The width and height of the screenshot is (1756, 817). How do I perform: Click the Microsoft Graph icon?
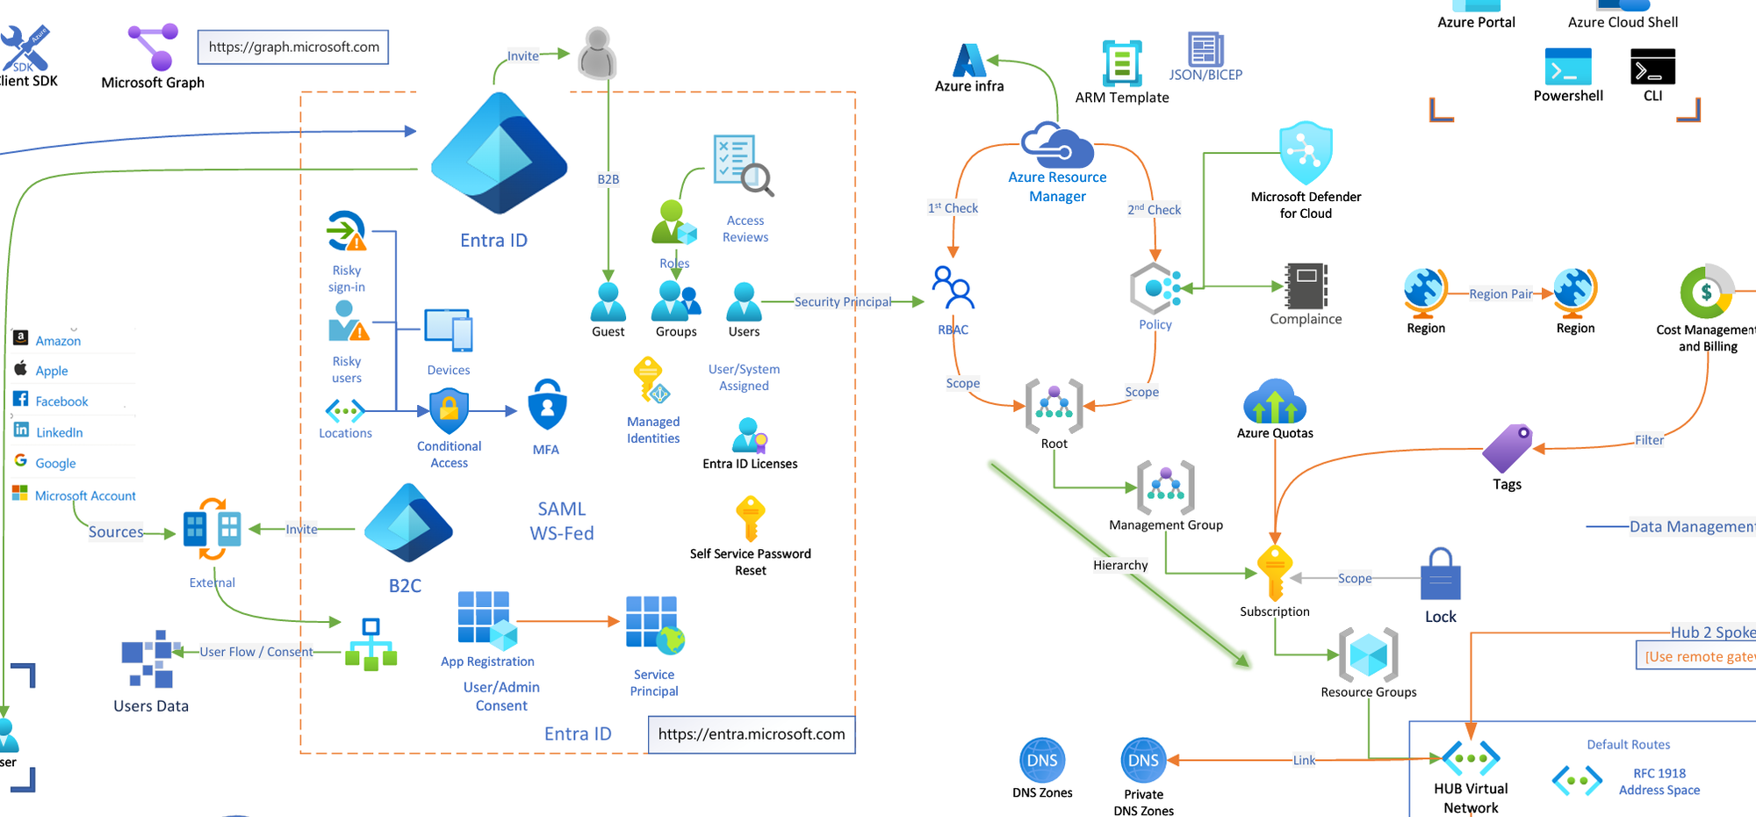pos(154,47)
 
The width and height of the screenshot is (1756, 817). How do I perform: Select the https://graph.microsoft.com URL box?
pos(293,47)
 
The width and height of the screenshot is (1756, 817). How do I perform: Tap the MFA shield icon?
pos(547,405)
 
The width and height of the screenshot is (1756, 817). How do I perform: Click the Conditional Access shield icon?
pos(449,410)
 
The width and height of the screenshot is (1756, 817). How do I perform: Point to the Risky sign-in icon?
pos(346,232)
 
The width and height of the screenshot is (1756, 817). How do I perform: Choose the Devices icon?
pos(449,331)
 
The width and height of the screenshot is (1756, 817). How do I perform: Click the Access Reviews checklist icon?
pos(743,164)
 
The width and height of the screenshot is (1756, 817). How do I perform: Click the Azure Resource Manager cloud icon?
pos(1057,145)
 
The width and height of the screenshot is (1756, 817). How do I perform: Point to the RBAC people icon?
pos(954,288)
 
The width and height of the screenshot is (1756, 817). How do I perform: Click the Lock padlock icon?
pos(1441,575)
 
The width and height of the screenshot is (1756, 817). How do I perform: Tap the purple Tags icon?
pos(1508,448)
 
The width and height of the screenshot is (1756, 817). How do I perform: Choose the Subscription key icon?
pos(1274,573)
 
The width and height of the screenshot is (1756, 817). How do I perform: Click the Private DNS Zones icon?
pos(1143,760)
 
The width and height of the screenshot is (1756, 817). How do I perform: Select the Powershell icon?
pos(1568,67)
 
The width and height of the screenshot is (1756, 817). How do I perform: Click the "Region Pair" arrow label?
pos(1501,293)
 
